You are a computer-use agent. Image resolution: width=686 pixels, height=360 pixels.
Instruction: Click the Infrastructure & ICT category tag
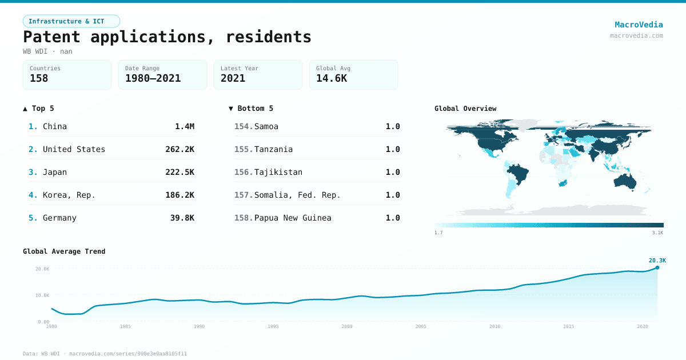71,21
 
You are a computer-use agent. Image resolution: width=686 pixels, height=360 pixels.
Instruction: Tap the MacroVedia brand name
639,25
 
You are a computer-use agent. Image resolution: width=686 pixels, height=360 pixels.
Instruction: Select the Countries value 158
39,79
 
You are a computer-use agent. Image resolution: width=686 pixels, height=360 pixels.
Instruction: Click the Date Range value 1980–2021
153,79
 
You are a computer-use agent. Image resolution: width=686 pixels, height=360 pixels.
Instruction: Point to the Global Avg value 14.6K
331,79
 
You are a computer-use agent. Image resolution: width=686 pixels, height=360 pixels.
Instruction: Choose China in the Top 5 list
55,126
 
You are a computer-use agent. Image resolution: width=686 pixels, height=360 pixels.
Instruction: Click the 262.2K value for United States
180,149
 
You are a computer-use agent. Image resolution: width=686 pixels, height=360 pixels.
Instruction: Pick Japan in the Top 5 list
55,172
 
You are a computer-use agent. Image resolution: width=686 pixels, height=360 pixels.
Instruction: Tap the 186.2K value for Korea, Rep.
180,195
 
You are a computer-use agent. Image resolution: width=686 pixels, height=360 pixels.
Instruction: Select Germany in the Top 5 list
59,218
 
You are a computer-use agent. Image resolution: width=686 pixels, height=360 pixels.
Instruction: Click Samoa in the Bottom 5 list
266,126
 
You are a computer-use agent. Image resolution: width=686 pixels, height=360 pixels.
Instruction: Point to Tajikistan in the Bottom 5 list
278,172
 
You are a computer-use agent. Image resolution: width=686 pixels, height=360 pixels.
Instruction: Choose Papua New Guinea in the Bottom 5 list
293,218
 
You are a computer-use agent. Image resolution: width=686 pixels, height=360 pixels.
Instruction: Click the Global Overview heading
465,109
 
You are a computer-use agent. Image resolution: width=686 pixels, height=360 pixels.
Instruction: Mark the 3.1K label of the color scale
657,233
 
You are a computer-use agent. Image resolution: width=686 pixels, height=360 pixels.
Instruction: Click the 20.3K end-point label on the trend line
657,261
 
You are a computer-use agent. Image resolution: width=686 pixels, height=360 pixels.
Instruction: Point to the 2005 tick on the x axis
421,326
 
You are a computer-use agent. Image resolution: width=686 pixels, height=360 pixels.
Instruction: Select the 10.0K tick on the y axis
42,295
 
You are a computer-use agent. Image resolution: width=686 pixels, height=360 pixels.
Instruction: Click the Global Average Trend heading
64,251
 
